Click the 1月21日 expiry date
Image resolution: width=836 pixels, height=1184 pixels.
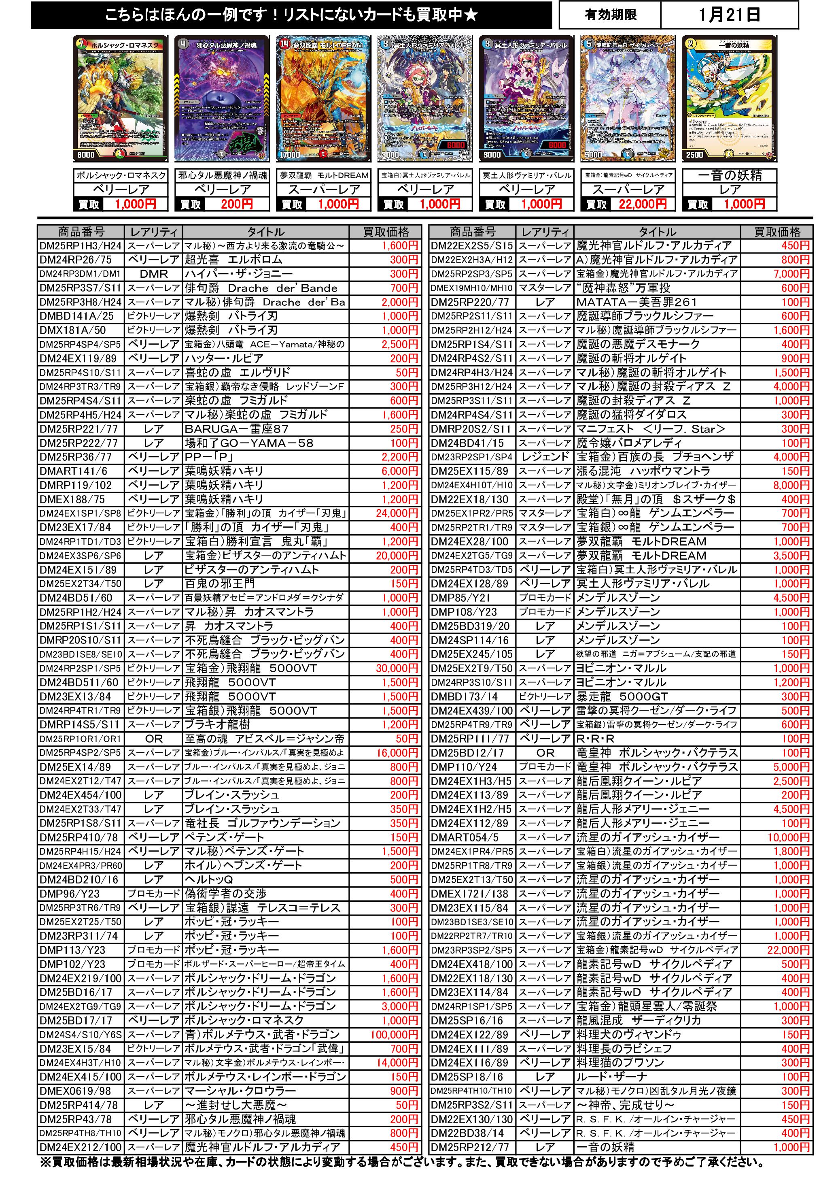coord(729,15)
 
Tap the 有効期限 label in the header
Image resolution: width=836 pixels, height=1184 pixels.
coord(610,15)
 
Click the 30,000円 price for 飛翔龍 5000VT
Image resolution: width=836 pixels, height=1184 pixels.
coord(397,668)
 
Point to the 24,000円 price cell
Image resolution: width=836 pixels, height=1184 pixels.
coord(397,513)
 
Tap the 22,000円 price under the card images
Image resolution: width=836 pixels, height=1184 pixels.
coord(642,204)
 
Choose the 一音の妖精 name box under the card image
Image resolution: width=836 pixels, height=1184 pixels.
coord(729,175)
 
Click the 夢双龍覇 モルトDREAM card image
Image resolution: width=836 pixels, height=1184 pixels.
coord(323,98)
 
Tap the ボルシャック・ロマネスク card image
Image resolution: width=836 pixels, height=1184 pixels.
coord(121,98)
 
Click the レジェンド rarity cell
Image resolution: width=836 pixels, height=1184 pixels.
coord(545,457)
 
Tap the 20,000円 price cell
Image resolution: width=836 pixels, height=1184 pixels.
coord(397,556)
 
